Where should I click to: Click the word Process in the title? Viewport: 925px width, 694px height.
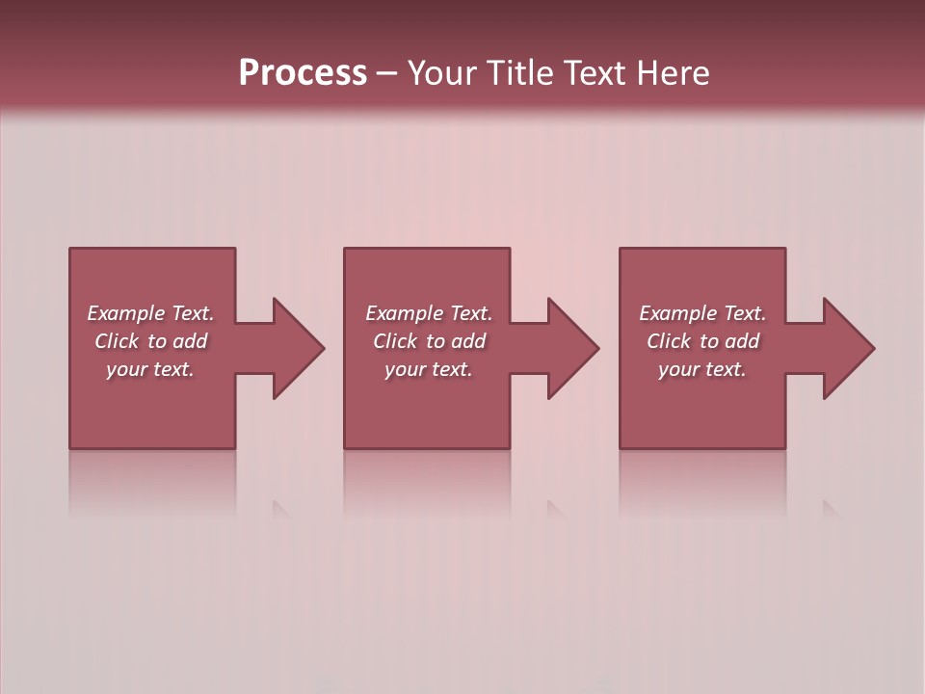point(303,73)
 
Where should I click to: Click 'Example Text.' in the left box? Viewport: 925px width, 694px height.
point(150,313)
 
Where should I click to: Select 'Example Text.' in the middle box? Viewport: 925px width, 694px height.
point(429,313)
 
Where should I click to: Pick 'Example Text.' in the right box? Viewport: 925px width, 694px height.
point(702,313)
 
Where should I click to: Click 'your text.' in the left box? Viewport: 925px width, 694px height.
point(150,369)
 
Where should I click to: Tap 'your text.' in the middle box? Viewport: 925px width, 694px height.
point(429,369)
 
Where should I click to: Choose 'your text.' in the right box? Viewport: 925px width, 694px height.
point(702,369)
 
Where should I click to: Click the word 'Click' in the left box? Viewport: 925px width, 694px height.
point(117,341)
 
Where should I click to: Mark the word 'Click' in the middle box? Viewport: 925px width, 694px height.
point(395,341)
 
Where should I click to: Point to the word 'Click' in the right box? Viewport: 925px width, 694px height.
point(669,341)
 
